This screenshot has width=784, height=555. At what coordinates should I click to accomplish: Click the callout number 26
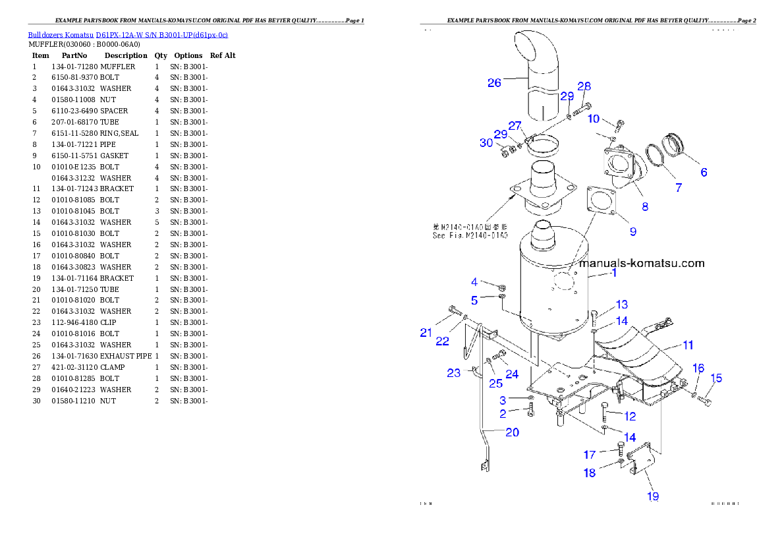(x=494, y=82)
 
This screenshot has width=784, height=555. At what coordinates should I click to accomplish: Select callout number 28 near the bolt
(x=584, y=86)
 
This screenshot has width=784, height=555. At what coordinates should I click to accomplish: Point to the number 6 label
(x=704, y=173)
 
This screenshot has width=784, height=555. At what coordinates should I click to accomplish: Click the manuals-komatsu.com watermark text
(x=641, y=263)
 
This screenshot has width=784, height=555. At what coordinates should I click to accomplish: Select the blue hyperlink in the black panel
(x=128, y=34)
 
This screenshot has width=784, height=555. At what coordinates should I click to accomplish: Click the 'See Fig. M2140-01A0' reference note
(x=470, y=231)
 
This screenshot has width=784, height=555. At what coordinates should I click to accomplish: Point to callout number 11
(x=688, y=345)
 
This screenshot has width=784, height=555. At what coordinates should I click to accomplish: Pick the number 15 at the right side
(x=716, y=378)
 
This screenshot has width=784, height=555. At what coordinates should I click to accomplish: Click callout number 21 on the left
(x=426, y=333)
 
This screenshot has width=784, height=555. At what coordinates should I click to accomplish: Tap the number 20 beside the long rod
(x=512, y=432)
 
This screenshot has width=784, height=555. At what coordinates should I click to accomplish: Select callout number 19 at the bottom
(x=653, y=496)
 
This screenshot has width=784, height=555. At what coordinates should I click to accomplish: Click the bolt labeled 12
(x=606, y=413)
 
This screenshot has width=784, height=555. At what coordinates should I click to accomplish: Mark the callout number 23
(x=454, y=373)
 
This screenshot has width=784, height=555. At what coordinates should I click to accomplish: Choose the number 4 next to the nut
(x=474, y=282)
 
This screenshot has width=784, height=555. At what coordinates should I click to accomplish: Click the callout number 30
(x=486, y=142)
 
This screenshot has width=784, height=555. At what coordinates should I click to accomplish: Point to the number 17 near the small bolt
(x=590, y=454)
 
